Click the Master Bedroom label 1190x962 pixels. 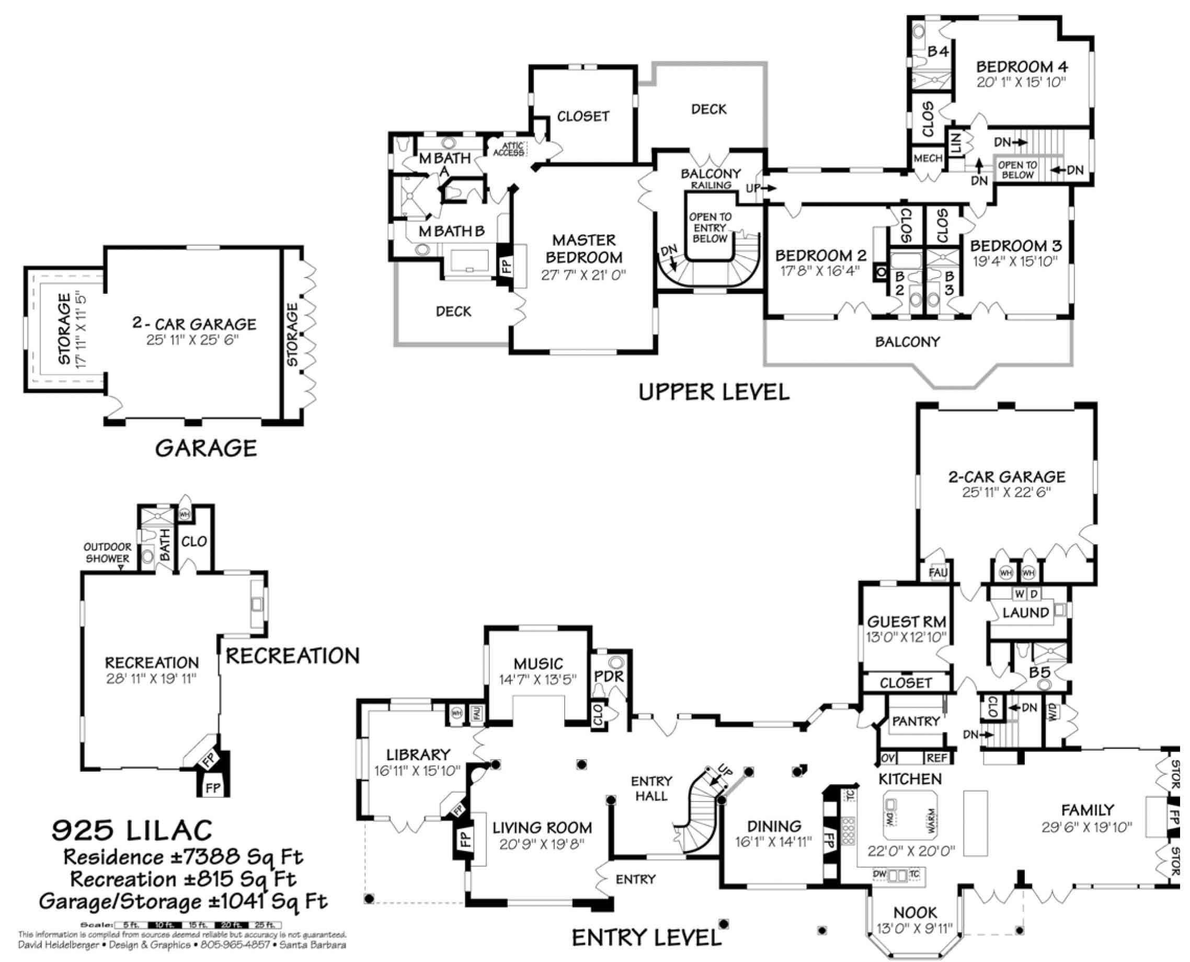tap(583, 249)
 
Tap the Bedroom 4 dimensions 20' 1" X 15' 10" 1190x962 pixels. tap(1021, 82)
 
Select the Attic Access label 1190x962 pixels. tap(508, 149)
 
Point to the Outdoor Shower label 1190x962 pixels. tap(108, 553)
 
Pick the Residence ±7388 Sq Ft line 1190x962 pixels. tap(183, 857)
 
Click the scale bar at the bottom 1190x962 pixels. tap(197, 925)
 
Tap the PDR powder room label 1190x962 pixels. tap(609, 677)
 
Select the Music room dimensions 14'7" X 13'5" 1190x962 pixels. tap(537, 679)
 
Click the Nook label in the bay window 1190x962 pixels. tap(915, 913)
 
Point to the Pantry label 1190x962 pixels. tap(916, 721)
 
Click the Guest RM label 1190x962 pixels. tap(906, 622)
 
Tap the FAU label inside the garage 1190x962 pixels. tap(937, 572)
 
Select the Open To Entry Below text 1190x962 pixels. tap(710, 228)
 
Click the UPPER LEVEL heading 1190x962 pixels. tap(713, 392)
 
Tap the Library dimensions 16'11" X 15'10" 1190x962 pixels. tap(417, 771)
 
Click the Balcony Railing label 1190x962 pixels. tap(711, 179)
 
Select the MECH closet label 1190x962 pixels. tap(928, 158)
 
